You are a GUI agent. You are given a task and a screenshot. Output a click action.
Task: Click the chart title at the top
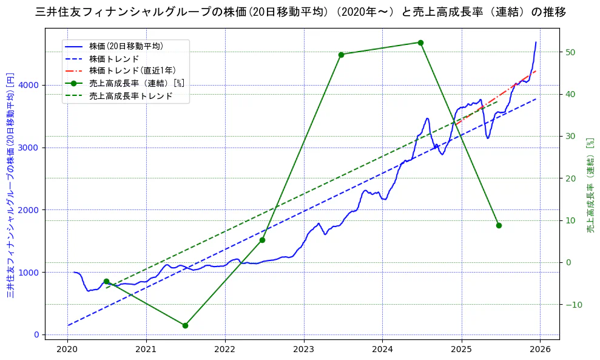click(x=300, y=12)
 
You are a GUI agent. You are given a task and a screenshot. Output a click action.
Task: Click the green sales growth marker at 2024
click(x=420, y=42)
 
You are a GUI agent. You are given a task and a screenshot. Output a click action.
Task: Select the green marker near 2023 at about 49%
click(x=341, y=55)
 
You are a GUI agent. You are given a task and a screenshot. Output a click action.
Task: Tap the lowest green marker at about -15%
click(x=185, y=325)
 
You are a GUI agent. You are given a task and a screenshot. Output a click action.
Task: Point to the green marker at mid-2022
click(x=262, y=240)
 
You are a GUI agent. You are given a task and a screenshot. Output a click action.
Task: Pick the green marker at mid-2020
click(x=106, y=282)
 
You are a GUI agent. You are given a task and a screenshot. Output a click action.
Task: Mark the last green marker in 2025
click(x=499, y=225)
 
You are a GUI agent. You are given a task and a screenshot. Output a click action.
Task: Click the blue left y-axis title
click(x=10, y=185)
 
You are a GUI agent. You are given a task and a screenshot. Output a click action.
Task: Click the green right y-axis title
click(x=589, y=185)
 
